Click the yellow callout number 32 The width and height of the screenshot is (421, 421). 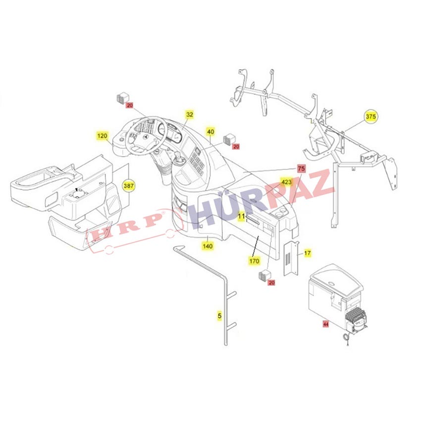click(190, 114)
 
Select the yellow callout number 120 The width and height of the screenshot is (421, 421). click(102, 136)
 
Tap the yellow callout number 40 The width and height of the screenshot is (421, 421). click(211, 132)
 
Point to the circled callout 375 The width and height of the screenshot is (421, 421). click(371, 116)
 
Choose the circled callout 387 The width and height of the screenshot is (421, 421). click(129, 186)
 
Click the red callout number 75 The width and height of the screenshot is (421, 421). click(302, 168)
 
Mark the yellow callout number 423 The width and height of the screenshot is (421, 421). click(286, 182)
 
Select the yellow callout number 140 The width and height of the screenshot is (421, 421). click(208, 246)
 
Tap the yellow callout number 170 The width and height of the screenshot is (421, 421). click(254, 261)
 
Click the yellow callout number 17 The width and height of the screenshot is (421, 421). click(308, 253)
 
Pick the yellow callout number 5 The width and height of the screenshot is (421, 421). click(219, 316)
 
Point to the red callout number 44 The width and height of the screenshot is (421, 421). click(326, 324)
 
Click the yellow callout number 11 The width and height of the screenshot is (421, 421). click(241, 216)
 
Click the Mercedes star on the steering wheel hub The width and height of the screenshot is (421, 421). click(145, 137)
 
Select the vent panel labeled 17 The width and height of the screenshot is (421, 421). click(291, 258)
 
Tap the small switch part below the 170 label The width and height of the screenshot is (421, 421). click(265, 276)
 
